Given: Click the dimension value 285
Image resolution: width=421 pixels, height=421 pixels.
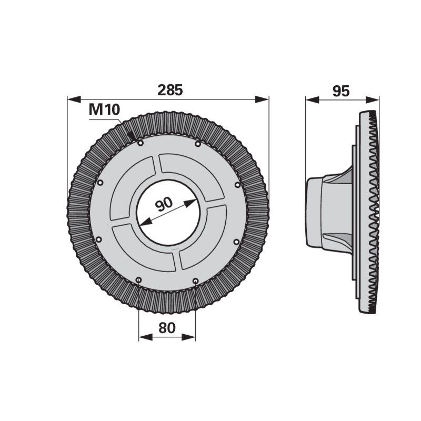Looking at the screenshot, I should pos(169,90).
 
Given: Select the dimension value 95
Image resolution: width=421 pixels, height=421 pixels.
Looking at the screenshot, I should pos(341,91).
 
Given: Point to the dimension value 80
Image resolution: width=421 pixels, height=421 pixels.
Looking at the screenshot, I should pos(166,327).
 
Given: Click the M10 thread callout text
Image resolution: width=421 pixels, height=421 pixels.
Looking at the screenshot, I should pos(104,110).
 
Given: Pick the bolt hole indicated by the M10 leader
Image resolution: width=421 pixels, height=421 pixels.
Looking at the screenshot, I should pos(140,142).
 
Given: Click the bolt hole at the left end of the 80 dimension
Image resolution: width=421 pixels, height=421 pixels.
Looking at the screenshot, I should pos(138,279).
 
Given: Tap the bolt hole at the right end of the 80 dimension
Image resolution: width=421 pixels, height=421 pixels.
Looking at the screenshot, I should pos(195,281).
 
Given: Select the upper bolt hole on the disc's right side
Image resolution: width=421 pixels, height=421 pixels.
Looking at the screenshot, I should pos(237,185).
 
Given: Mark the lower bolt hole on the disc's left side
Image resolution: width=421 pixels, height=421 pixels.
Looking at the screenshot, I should pos(98,239).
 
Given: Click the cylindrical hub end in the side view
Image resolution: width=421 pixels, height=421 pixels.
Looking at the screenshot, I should pos(314,212).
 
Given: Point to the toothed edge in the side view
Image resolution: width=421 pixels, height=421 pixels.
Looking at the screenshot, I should pos(374,210).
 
